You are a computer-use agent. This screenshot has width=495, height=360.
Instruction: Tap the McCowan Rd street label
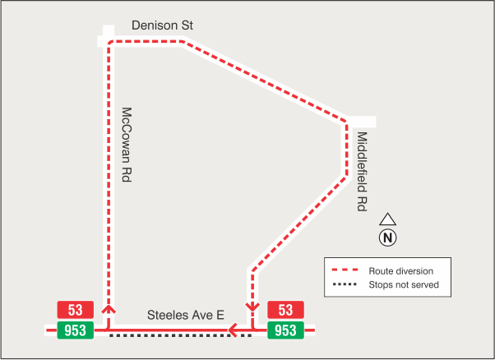127,144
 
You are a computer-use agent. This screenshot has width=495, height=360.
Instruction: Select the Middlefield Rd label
361,172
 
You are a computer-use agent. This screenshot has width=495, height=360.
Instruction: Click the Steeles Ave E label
185,315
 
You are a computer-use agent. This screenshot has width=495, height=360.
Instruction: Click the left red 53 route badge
76,310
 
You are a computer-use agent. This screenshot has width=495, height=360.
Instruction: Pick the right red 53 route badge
285,310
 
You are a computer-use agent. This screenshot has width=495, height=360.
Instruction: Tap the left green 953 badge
76,330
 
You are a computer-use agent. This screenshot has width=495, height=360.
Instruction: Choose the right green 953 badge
285,330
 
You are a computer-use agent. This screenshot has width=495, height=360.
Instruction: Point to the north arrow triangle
388,220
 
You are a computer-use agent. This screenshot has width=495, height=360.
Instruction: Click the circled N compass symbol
388,238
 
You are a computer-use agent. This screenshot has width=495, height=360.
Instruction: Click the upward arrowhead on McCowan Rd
108,310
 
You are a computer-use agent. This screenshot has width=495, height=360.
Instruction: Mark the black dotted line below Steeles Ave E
181,336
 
